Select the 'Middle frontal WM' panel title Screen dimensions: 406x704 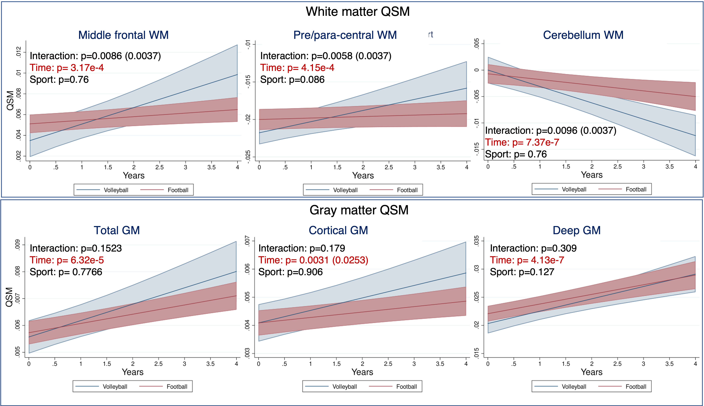(123, 35)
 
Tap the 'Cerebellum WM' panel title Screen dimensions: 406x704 (583, 35)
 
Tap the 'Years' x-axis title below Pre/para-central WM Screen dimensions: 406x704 (363, 176)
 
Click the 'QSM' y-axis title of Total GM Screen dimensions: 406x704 (10, 297)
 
